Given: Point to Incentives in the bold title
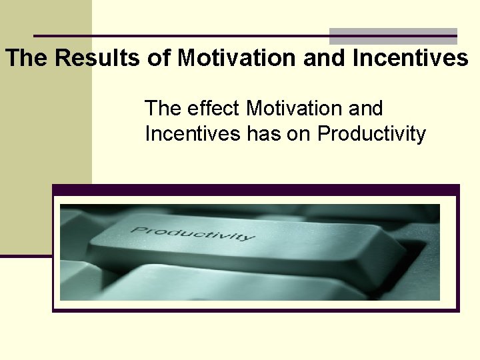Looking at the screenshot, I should (410, 59).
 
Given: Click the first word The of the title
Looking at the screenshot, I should (27, 59).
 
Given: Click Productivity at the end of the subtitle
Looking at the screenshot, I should (371, 134).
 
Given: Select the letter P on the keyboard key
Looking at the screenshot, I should (137, 229).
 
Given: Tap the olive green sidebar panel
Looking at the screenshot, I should (45, 133).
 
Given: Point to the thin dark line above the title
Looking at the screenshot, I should (180, 35).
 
